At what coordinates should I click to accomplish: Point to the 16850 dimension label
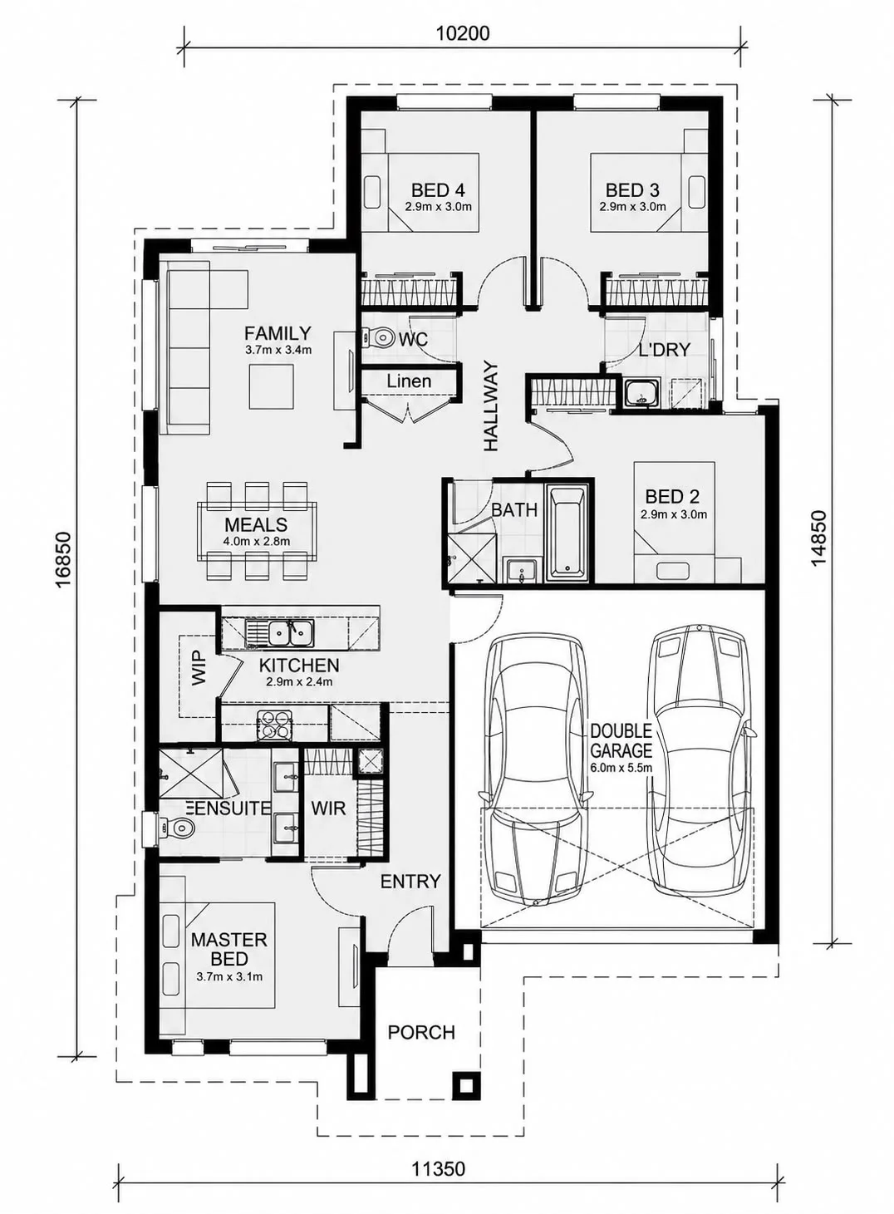63,559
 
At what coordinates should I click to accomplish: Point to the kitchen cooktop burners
275,725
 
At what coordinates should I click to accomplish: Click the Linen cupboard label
409,381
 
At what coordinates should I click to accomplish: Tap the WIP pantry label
199,668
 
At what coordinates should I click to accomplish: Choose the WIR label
328,808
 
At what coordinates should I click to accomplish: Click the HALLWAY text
490,406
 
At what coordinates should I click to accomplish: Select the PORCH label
421,1033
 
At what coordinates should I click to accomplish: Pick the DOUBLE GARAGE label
621,741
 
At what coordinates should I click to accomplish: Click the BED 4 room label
438,190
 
